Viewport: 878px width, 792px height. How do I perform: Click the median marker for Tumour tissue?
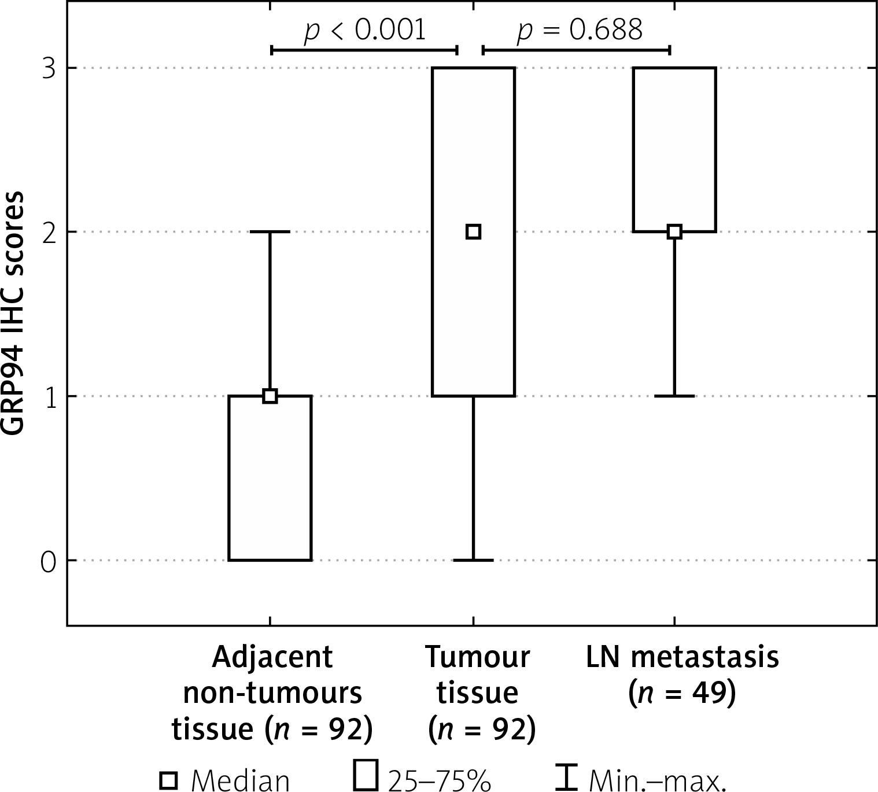(473, 232)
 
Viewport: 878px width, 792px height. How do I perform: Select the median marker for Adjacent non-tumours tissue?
(270, 396)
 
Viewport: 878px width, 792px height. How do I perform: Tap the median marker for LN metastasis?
(674, 232)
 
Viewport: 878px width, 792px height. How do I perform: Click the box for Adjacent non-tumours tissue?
(270, 478)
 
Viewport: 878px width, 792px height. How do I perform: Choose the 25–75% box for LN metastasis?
(674, 150)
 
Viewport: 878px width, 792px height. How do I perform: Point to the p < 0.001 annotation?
(365, 31)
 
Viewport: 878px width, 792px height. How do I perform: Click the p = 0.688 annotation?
(579, 31)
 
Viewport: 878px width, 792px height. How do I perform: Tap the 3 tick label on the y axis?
(48, 69)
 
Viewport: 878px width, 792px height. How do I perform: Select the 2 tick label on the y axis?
(48, 233)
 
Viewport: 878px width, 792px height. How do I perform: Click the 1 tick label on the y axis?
(48, 397)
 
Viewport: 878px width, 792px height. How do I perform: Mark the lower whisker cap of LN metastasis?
(674, 396)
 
